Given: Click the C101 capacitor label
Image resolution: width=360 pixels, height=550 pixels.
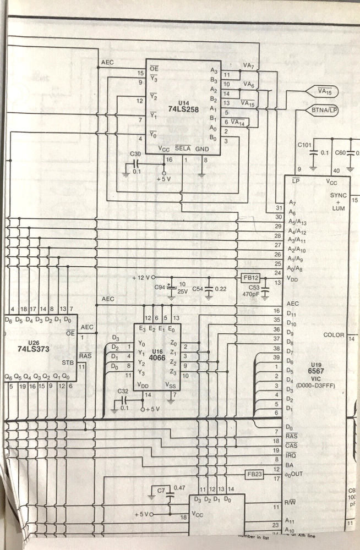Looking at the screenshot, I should click(x=304, y=145).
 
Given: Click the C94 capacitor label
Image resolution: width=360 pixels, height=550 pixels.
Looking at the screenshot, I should click(x=159, y=288).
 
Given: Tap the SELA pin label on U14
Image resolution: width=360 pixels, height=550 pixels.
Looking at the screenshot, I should click(x=183, y=148).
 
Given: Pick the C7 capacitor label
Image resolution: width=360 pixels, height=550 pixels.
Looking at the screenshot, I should click(x=161, y=490).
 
